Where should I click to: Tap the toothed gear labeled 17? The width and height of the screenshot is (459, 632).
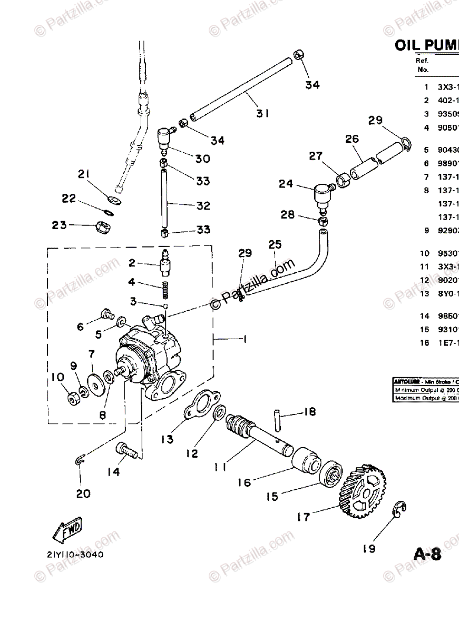tap(364, 490)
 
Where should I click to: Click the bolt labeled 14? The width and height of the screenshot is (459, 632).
tap(126, 449)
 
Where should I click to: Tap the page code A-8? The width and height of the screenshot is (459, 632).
tap(427, 554)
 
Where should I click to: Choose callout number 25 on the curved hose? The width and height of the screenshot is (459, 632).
tap(275, 245)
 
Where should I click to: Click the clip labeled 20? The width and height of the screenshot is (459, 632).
tap(79, 461)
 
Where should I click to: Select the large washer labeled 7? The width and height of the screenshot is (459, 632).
tap(95, 382)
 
